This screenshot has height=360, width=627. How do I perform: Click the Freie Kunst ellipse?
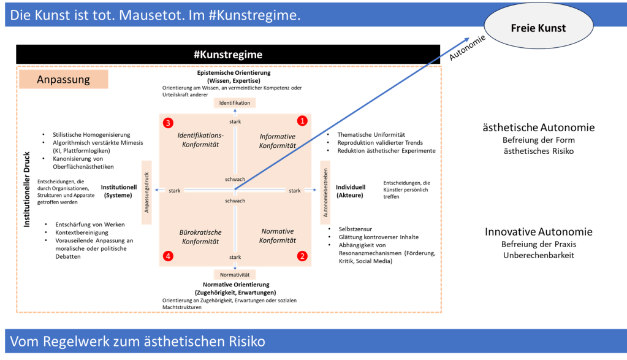tap(538, 28)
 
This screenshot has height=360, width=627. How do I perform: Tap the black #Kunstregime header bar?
tap(228, 55)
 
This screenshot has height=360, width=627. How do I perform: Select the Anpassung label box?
tap(64, 80)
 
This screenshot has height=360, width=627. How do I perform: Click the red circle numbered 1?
tap(302, 120)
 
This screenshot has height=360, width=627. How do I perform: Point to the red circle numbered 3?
tap(168, 123)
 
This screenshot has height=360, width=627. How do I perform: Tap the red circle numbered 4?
tap(168, 255)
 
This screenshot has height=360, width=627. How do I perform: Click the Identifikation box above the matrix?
tap(235, 103)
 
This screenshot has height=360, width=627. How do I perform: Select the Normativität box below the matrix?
tap(235, 275)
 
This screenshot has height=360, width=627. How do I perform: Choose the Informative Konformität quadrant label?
tap(278, 141)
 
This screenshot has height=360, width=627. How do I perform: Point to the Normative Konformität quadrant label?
tap(278, 236)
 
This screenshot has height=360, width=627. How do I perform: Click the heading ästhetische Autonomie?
tap(539, 128)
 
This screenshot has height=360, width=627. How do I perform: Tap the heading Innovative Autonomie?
tap(539, 232)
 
